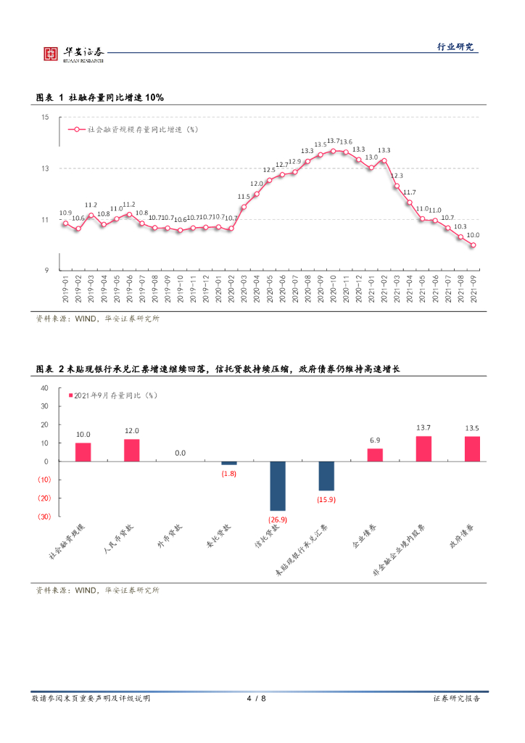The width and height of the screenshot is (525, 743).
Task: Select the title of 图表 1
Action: [100, 97]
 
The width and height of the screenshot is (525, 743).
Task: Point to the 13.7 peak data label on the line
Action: [334, 141]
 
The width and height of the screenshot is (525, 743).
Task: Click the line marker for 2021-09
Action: [473, 245]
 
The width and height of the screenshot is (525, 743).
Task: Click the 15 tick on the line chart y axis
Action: [44, 118]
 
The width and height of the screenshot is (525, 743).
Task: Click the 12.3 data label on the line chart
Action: [397, 176]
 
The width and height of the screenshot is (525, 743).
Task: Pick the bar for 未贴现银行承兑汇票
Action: [326, 476]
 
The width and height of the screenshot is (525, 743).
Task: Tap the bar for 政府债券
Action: [472, 448]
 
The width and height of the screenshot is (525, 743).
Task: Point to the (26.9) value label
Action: [278, 520]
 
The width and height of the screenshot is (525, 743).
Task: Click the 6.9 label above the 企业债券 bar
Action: [375, 440]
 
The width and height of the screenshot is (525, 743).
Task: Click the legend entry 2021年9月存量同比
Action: [115, 395]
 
